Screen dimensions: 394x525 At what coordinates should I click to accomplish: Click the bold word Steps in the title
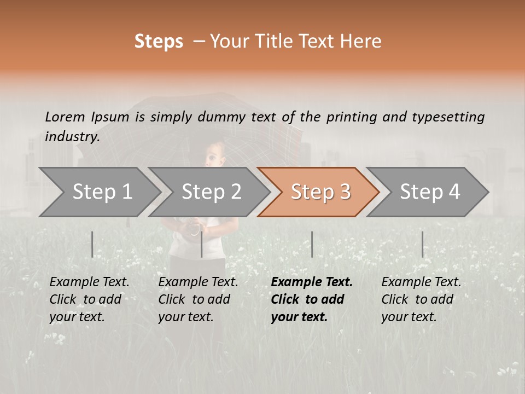159,42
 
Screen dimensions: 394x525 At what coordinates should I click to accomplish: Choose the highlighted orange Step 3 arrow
320,192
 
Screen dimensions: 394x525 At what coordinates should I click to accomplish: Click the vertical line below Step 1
92,244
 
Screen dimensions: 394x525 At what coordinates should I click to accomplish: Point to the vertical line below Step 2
202,244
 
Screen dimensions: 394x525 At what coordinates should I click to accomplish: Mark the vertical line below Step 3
312,244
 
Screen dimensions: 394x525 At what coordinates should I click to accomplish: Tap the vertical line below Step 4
422,244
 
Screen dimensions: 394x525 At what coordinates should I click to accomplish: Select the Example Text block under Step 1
89,299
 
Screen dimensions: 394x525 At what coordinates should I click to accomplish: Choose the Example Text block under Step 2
198,299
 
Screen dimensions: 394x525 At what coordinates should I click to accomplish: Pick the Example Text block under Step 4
421,299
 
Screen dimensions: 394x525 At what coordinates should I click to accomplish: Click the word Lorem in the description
65,117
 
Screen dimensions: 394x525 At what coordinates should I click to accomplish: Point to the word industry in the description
72,137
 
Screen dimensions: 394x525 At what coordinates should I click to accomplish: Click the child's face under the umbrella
215,155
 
